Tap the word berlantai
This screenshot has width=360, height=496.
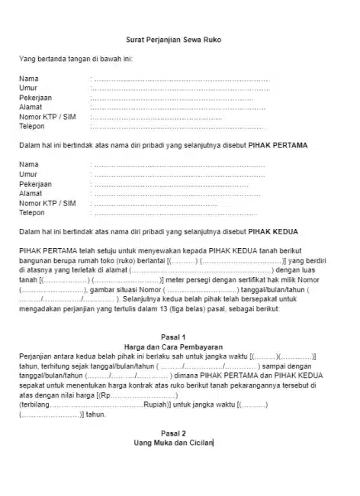pyautogui.click(x=149, y=262)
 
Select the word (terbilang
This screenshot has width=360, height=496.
pyautogui.click(x=34, y=405)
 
